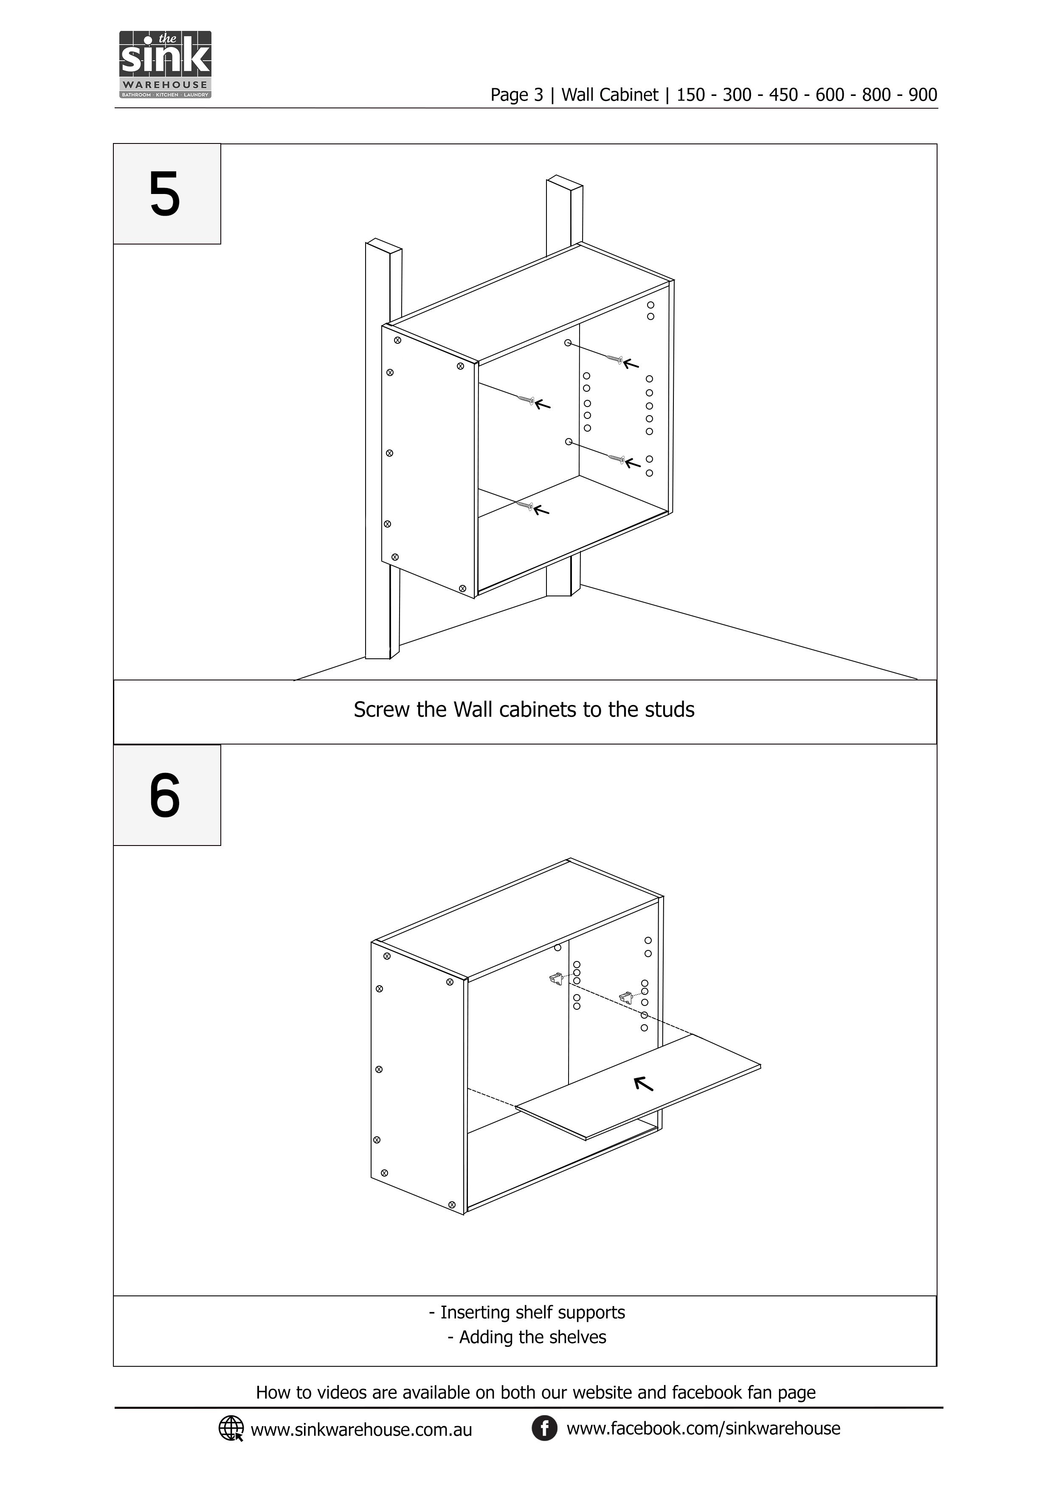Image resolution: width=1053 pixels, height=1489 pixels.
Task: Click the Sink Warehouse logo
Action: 166,64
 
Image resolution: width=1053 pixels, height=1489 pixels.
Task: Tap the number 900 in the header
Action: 923,96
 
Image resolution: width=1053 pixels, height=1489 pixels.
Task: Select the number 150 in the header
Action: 690,96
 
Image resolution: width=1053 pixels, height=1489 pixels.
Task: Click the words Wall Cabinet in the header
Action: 609,96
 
